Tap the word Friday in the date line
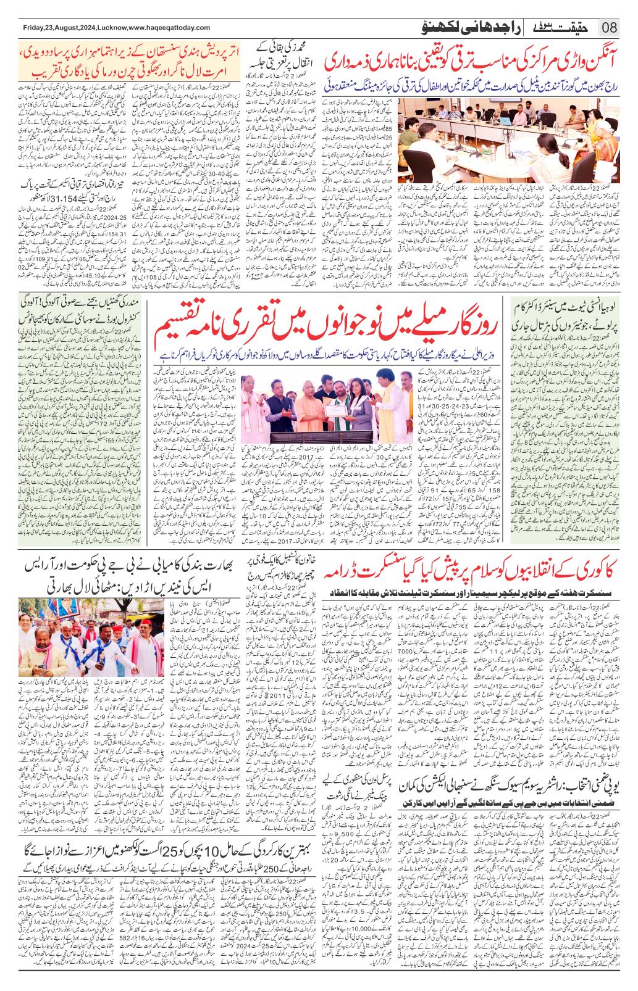33,28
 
